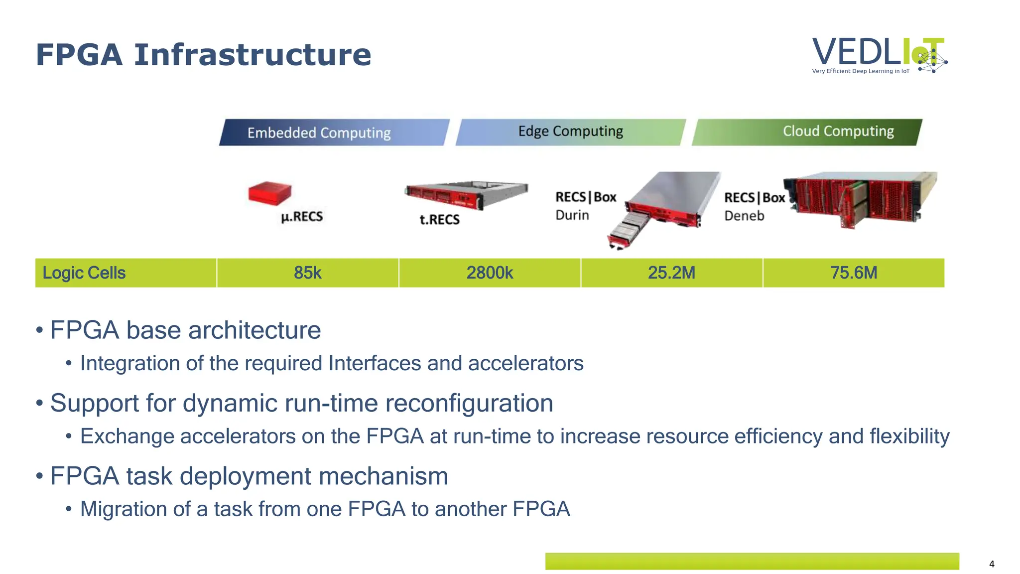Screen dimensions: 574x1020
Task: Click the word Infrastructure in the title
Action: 253,55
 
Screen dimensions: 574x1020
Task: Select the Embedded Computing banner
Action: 334,133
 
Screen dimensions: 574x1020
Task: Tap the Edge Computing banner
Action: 570,132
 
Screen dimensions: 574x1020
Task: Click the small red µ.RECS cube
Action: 269,193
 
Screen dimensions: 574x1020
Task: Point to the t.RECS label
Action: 439,219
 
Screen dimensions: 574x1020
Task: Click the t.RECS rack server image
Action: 466,195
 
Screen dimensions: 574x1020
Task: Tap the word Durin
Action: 572,215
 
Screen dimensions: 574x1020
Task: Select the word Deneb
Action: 744,216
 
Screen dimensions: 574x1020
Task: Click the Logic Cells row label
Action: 84,273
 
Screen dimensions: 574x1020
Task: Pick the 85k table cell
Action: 307,273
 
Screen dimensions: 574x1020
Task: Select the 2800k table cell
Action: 490,273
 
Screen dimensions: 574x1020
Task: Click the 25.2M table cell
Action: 671,273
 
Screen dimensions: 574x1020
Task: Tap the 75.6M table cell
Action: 853,273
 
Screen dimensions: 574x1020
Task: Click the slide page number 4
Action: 992,564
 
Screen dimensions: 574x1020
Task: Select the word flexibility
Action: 909,436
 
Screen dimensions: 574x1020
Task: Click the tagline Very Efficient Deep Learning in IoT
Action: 860,71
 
